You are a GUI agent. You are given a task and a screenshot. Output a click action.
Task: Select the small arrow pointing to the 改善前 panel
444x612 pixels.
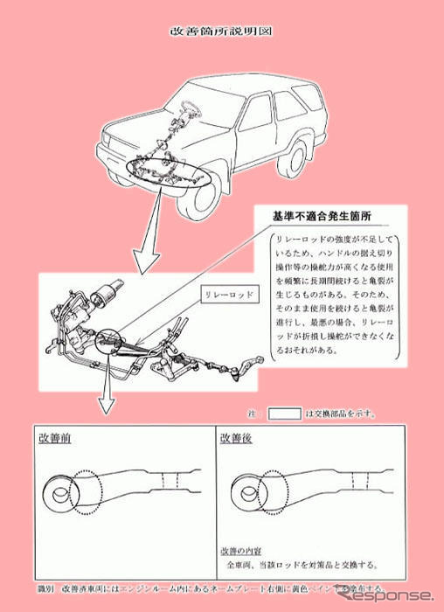coord(106,389)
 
